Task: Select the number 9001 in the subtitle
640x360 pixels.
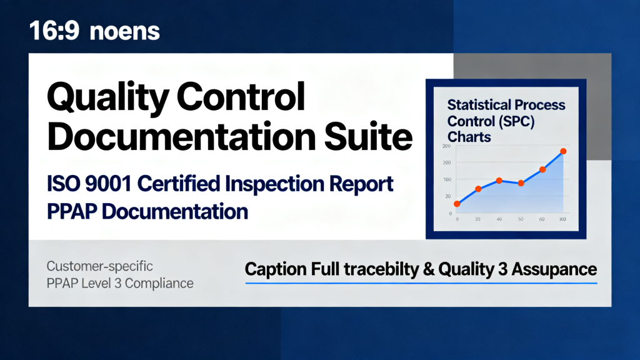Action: (109, 184)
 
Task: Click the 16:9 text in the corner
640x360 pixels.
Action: (54, 31)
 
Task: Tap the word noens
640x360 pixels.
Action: (124, 32)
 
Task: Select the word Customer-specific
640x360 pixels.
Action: (99, 266)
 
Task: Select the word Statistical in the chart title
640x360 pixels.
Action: (474, 105)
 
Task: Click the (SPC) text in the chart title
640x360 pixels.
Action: (517, 122)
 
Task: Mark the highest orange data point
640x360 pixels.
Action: (563, 151)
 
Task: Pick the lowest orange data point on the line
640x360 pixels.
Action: (457, 204)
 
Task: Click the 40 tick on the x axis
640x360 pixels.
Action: (499, 219)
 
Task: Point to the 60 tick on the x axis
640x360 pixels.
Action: (542, 219)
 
